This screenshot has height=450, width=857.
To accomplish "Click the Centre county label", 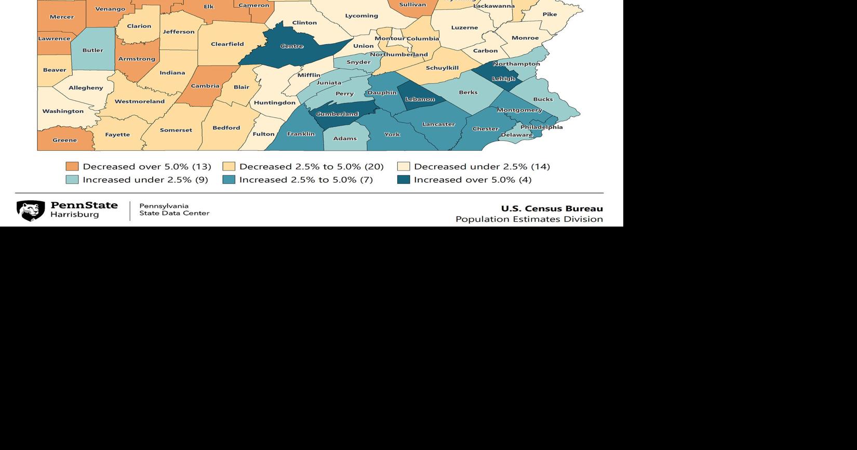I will tap(291, 46).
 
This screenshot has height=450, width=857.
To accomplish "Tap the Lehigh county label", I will tap(503, 79).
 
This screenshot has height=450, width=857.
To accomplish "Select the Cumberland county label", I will tap(337, 114).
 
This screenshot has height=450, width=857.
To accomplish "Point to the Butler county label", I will tap(92, 50).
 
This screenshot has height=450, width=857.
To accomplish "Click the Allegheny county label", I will tap(86, 88).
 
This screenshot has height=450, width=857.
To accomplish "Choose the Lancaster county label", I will tap(438, 124).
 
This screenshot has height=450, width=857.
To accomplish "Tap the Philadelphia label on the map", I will tap(541, 127).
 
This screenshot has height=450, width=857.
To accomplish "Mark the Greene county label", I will tap(64, 140).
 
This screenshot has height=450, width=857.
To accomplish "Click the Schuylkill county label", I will tap(442, 68).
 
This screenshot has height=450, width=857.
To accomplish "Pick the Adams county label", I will tap(345, 138).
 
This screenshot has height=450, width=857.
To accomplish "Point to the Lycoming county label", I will tap(361, 16).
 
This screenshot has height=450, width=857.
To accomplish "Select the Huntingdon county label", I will tap(274, 103).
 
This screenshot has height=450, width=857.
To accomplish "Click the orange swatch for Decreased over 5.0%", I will tap(72, 166).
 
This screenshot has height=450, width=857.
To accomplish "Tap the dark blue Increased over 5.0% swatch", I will tap(404, 180).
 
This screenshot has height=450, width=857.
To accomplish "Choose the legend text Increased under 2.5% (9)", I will tap(145, 180).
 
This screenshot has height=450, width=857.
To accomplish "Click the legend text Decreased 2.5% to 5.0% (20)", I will tap(311, 166).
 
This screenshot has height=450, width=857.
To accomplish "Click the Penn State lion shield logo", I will tap(31, 210).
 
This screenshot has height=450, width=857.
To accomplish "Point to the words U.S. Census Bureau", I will tap(552, 208).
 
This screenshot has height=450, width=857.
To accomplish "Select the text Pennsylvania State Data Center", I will tap(174, 209).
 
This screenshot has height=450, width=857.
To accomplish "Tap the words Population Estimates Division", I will tap(529, 219).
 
